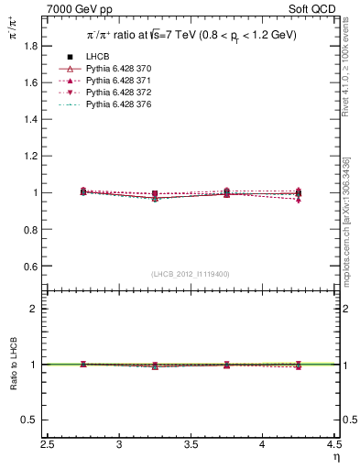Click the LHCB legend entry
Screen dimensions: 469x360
(x=97, y=57)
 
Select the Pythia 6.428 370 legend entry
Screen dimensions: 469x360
(x=116, y=69)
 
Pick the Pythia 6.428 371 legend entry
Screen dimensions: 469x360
(x=116, y=81)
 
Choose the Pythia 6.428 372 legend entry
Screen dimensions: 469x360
(x=116, y=93)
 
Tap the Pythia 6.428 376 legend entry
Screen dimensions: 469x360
(x=116, y=104)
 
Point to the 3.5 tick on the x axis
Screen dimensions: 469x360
(x=191, y=446)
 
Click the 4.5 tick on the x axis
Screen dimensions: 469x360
(x=334, y=446)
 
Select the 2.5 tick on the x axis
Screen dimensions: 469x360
(x=48, y=446)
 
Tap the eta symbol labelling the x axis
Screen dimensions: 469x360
(x=336, y=457)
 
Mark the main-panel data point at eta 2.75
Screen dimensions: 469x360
(x=83, y=191)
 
